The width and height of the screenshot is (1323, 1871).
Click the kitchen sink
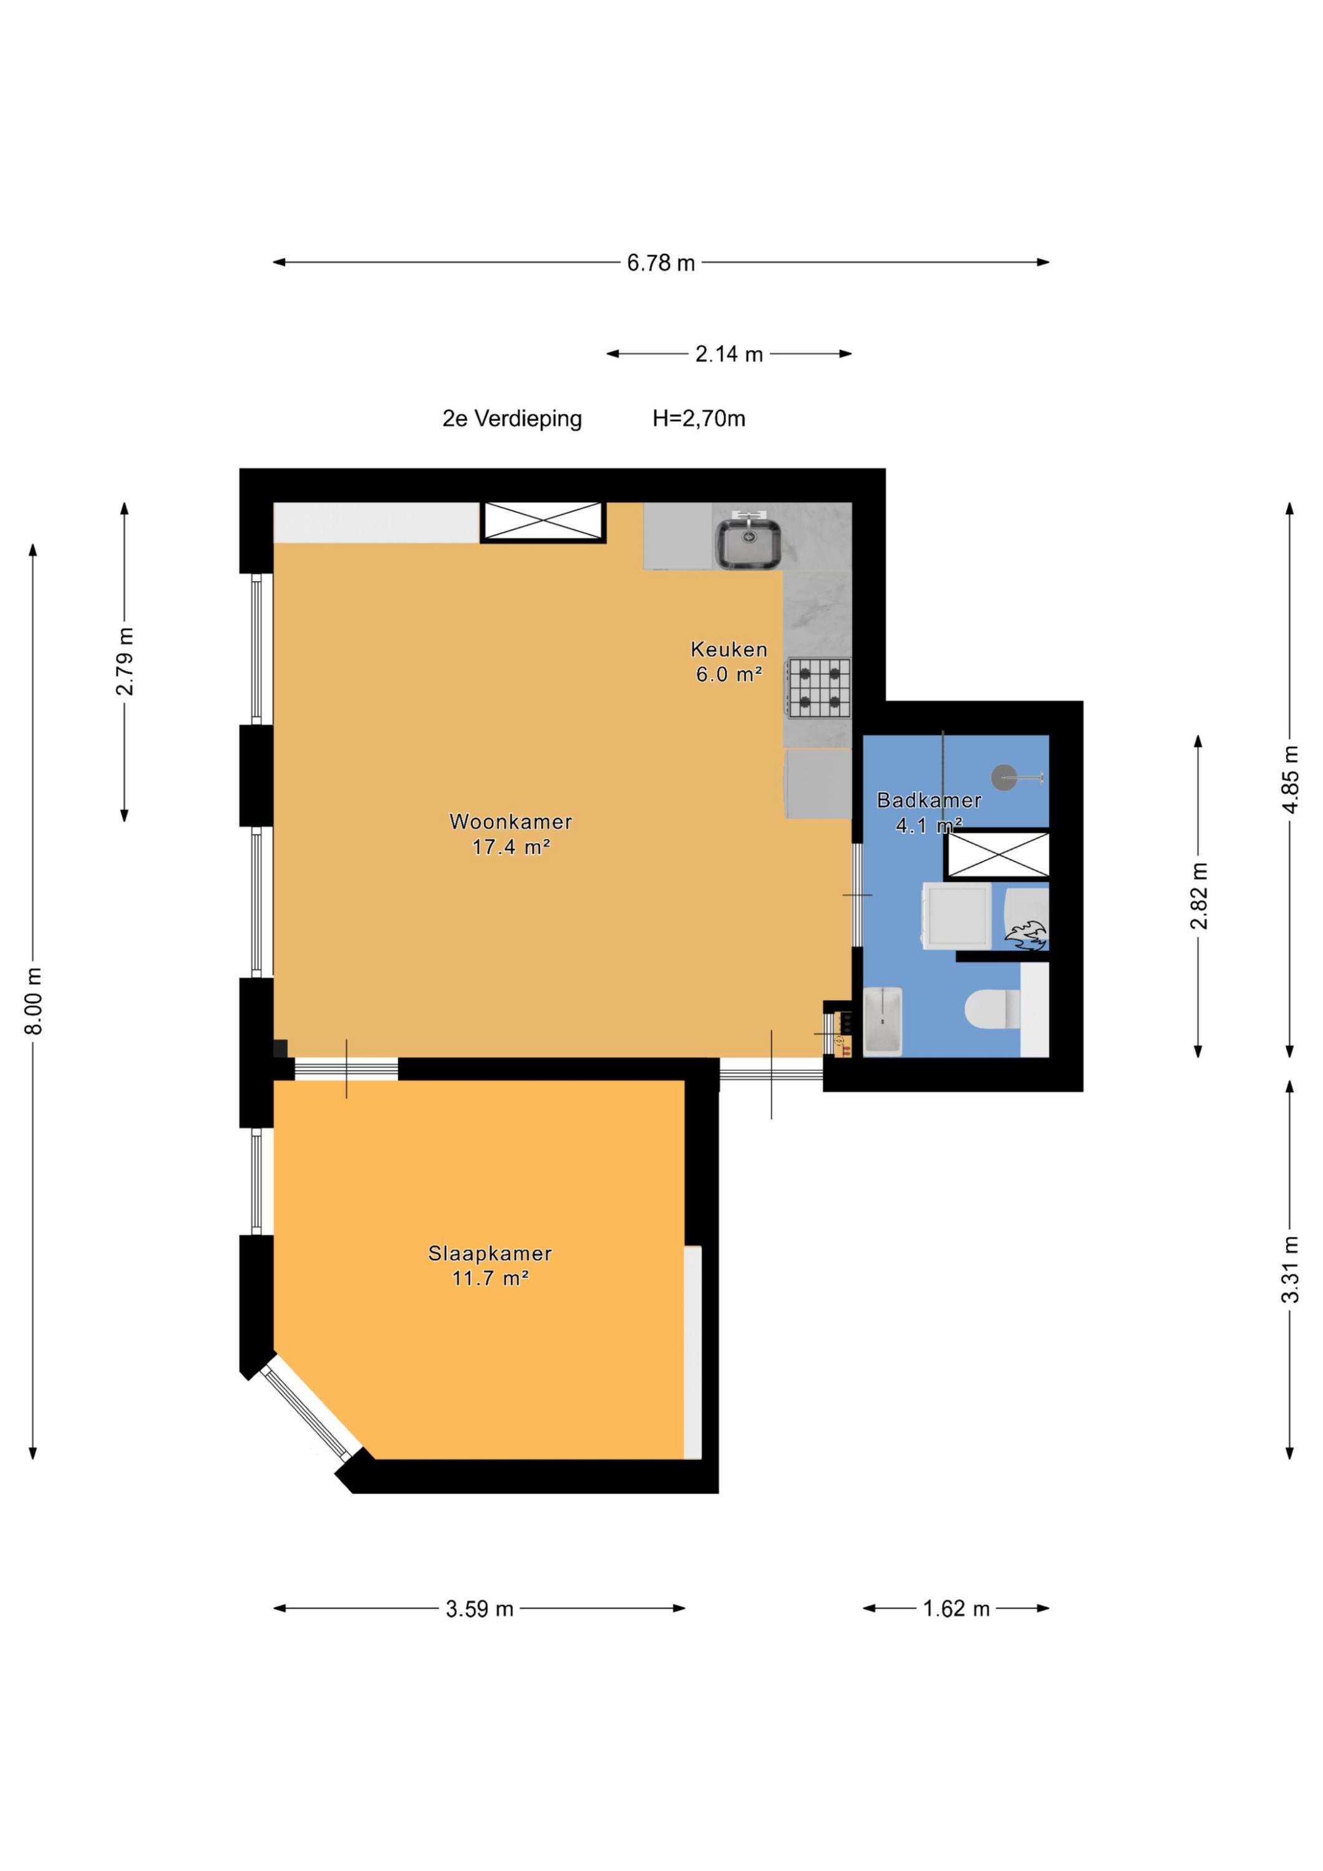click(749, 539)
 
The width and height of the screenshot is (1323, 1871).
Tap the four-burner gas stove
click(818, 688)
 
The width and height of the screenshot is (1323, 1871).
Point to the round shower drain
click(1004, 778)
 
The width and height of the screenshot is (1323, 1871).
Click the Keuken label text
click(729, 649)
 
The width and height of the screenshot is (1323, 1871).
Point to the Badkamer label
click(928, 800)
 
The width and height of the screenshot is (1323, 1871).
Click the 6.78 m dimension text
click(661, 263)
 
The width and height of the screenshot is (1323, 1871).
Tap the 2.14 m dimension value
click(729, 354)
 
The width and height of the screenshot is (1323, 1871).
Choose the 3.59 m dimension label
click(479, 1608)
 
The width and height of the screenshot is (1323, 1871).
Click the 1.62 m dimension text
click(956, 1608)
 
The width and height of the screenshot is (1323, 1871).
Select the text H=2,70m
click(699, 419)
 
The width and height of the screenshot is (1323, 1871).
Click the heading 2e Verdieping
click(512, 419)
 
